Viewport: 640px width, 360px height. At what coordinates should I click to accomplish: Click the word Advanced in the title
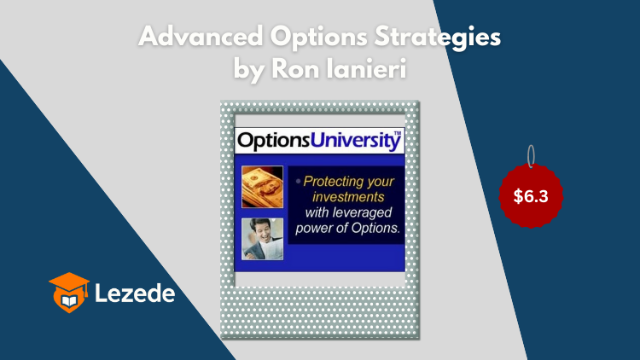201,37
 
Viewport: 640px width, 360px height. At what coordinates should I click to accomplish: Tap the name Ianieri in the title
367,68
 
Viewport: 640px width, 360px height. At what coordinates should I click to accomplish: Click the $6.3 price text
531,196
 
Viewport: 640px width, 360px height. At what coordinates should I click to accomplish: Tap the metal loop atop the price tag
531,156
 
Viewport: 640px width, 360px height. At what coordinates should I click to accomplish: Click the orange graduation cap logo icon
69,293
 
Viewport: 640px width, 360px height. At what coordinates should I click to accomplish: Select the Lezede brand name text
135,293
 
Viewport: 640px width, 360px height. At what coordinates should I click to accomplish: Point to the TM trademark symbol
397,133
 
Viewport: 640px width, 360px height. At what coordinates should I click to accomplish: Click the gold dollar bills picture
262,187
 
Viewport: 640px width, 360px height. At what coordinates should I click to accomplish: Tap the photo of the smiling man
262,239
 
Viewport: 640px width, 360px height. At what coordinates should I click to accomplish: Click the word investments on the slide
348,197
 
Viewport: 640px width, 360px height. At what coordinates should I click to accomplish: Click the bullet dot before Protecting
299,181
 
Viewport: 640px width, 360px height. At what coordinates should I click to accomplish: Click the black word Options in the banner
273,141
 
